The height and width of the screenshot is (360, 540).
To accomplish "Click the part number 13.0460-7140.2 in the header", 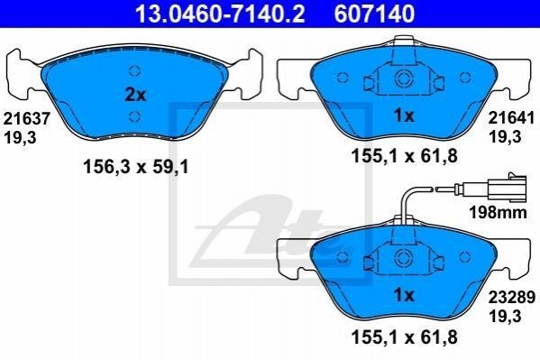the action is point(220,14).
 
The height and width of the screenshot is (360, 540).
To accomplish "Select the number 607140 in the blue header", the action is point(374,14).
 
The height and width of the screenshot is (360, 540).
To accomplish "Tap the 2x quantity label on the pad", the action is point(135,95).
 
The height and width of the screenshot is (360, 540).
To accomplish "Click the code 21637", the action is point(27,119).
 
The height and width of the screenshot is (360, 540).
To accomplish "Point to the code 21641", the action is point(512,118).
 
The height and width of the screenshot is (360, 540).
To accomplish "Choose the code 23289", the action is point(512,297).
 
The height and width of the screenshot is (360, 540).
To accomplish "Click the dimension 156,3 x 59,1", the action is point(136,168).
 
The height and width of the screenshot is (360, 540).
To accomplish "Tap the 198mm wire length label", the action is point(498,212).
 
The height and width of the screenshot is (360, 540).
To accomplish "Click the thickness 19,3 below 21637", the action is point(20,138).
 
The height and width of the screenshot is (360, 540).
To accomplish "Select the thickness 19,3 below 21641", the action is point(505,137).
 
